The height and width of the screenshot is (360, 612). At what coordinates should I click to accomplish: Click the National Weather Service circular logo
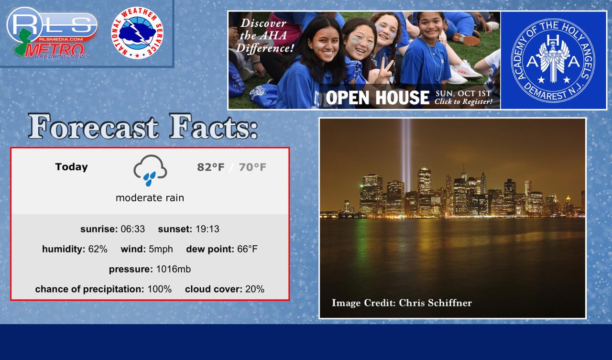pyautogui.click(x=137, y=33)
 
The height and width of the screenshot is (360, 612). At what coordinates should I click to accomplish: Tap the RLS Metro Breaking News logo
pyautogui.click(x=52, y=33)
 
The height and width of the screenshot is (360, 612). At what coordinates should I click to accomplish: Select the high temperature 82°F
pyautogui.click(x=211, y=167)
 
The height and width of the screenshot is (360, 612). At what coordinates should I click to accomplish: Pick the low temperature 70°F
pyautogui.click(x=252, y=167)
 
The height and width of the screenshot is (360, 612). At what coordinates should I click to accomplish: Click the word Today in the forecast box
pyautogui.click(x=72, y=167)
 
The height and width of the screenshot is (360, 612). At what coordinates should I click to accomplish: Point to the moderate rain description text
pyautogui.click(x=150, y=198)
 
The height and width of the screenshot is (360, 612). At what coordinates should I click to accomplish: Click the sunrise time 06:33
pyautogui.click(x=133, y=229)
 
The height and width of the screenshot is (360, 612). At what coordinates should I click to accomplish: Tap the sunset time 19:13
pyautogui.click(x=208, y=229)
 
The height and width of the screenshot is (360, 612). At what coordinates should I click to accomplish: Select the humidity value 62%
pyautogui.click(x=98, y=249)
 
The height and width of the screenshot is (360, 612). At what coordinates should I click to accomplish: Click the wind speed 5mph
pyautogui.click(x=161, y=249)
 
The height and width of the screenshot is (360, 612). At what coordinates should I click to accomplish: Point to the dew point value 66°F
pyautogui.click(x=247, y=249)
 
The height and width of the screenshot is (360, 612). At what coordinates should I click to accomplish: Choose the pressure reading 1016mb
pyautogui.click(x=174, y=269)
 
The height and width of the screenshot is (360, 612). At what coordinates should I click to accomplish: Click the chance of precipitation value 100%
pyautogui.click(x=160, y=289)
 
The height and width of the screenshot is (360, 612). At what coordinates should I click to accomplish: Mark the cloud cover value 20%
pyautogui.click(x=255, y=289)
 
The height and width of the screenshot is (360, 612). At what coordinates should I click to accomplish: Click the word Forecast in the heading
pyautogui.click(x=93, y=127)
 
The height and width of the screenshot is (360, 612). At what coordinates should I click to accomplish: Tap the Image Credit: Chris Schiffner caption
pyautogui.click(x=402, y=303)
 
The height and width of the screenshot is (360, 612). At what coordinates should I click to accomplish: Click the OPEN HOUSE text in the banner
pyautogui.click(x=377, y=98)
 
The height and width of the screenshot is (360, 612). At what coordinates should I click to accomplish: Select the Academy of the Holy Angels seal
pyautogui.click(x=553, y=60)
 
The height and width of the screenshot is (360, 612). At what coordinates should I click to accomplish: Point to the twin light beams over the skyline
pyautogui.click(x=406, y=155)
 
